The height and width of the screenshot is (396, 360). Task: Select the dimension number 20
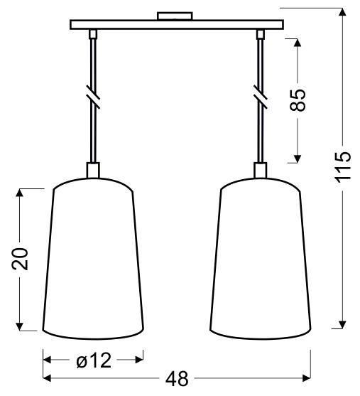[22, 259]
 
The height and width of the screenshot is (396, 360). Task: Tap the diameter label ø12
[93, 361]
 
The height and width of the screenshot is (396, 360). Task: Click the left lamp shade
[94, 259]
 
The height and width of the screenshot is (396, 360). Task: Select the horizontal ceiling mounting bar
[176, 25]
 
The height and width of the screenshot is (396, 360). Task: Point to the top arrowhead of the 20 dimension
[22, 193]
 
